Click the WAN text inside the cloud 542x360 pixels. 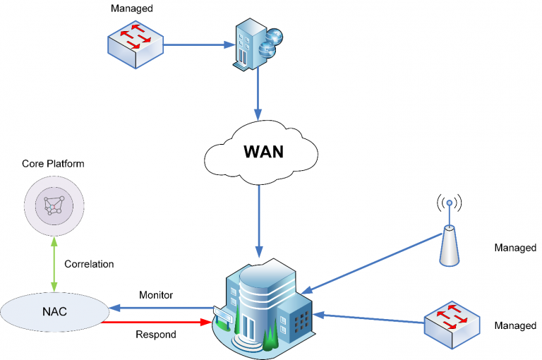[263, 152]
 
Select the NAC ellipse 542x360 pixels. [54, 311]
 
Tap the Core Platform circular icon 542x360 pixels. [54, 205]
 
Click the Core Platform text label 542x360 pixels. [54, 164]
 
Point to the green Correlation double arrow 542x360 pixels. [54, 264]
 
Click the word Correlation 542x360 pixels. [89, 264]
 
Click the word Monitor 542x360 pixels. [156, 295]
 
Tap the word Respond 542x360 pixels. [156, 334]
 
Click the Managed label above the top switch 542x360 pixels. [132, 8]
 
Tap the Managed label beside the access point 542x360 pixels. [515, 248]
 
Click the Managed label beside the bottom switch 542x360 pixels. [515, 325]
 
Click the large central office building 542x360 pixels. [264, 308]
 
